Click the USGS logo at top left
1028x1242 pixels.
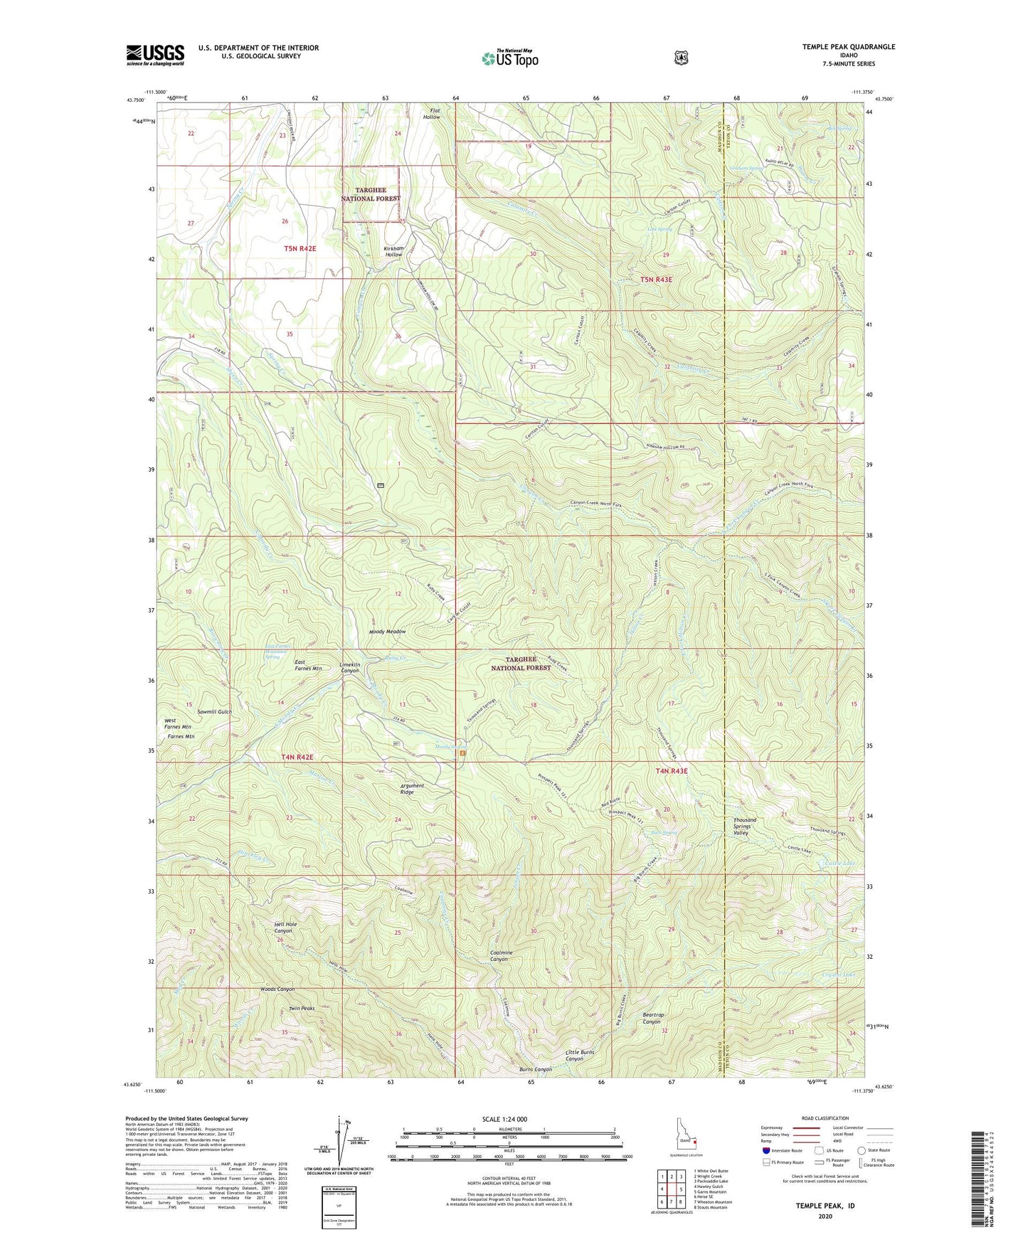point(155,54)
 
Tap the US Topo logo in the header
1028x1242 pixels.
point(509,58)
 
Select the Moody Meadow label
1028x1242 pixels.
point(387,632)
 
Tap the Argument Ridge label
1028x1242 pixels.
point(412,789)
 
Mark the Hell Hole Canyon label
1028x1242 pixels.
point(285,928)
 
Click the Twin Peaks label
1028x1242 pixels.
point(302,1008)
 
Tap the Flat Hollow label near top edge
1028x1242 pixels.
point(431,113)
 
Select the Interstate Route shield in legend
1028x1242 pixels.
point(765,1150)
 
